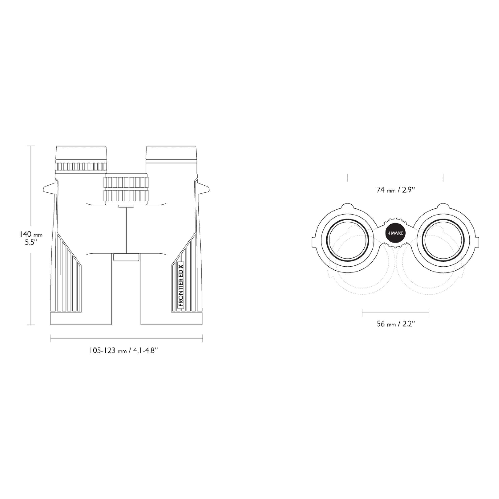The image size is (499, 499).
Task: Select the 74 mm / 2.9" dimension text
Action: pos(395,190)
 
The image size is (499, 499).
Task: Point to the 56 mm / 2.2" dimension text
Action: pos(396,324)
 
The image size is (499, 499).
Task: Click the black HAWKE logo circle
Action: pos(395,233)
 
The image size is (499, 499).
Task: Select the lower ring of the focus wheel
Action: pos(126,196)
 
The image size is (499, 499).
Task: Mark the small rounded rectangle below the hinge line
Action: pos(126,257)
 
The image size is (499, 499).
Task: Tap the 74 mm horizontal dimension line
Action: pos(395,178)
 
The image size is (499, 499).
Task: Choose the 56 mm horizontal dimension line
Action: pos(396,313)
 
